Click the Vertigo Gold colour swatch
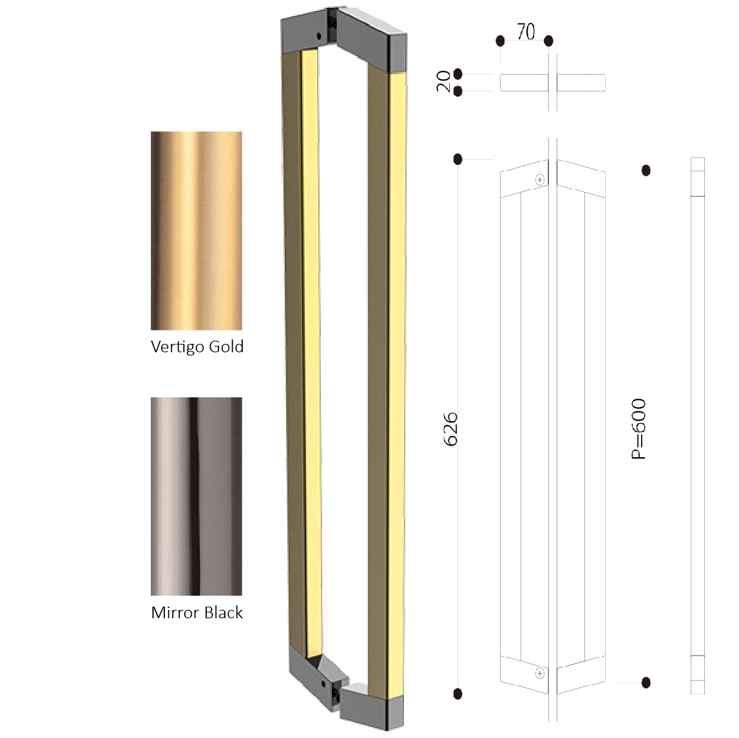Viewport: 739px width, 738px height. tap(196, 231)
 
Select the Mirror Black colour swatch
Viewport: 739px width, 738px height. tap(196, 496)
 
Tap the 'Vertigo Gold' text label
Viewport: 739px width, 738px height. tap(197, 346)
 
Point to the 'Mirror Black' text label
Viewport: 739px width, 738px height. tap(197, 612)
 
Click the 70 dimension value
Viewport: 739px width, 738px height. tap(526, 32)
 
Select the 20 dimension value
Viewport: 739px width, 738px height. tap(443, 81)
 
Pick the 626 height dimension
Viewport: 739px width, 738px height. tap(450, 429)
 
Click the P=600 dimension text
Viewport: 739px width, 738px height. tap(638, 428)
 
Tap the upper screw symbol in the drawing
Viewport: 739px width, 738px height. tap(540, 180)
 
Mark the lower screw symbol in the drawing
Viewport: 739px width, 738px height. tap(540, 674)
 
